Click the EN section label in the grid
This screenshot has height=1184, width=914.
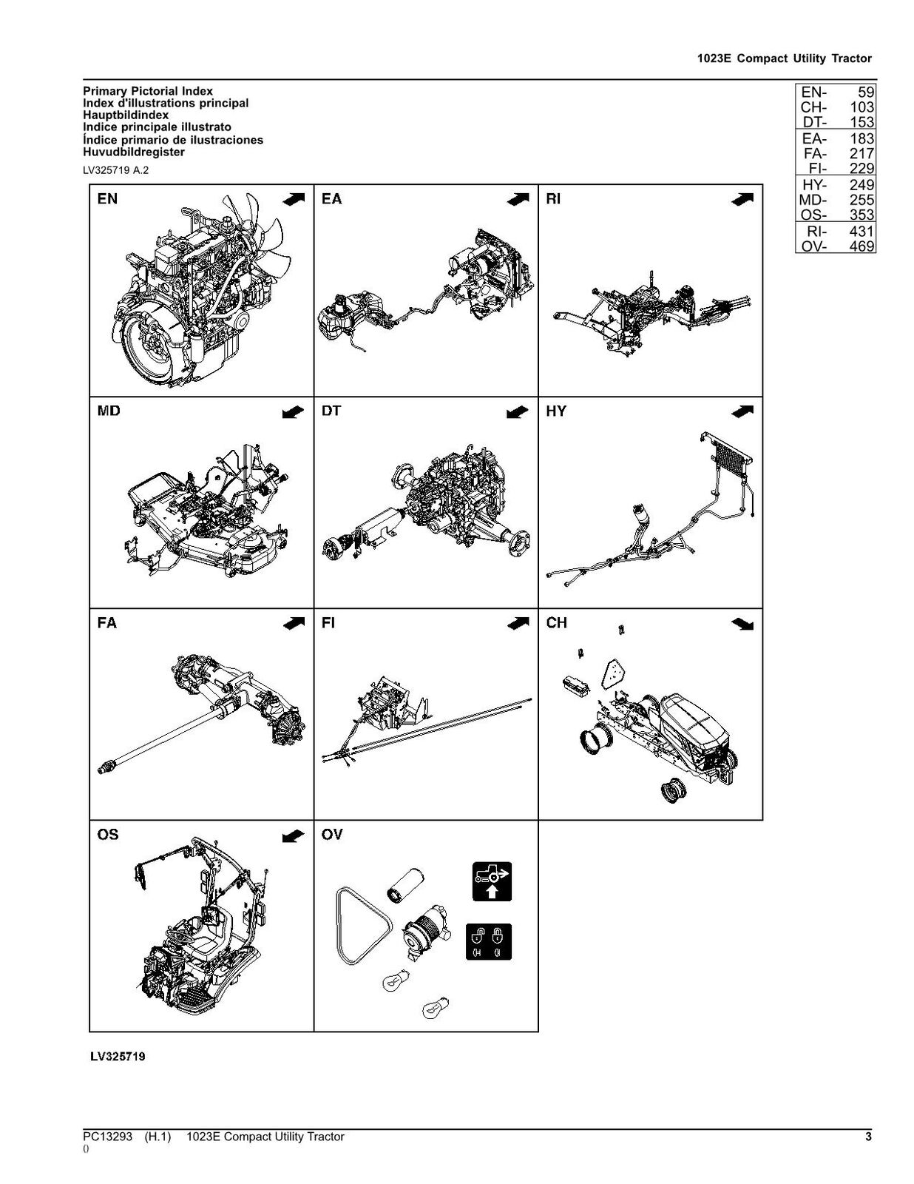(107, 199)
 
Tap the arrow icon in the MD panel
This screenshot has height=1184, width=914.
(293, 412)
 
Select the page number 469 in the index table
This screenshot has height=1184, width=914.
(861, 246)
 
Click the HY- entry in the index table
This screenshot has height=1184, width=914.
(814, 185)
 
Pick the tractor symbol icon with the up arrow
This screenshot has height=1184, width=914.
(492, 881)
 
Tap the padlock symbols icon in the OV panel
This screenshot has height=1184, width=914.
(489, 941)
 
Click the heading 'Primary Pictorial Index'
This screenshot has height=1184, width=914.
(148, 91)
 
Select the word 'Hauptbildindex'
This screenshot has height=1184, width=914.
(126, 115)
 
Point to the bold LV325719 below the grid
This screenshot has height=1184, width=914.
(118, 1057)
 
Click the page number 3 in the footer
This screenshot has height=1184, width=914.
(868, 1137)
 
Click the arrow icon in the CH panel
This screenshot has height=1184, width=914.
(742, 624)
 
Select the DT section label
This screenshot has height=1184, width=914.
(331, 411)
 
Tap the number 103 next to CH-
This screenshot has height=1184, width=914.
(861, 107)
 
